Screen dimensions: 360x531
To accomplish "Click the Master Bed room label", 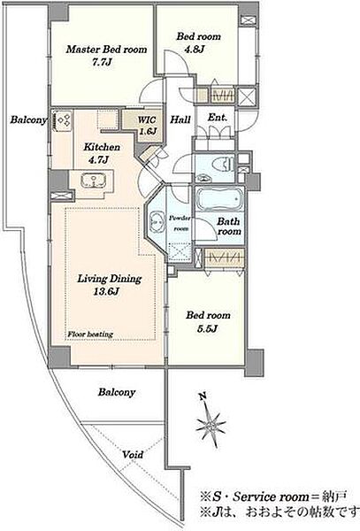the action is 106,50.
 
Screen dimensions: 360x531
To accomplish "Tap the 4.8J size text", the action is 195,50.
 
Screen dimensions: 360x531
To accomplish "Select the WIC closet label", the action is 147,119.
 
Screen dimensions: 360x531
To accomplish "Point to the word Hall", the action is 180,119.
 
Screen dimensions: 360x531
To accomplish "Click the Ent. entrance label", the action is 218,118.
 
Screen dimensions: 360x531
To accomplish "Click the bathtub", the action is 220,199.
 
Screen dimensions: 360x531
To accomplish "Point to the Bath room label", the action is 229,227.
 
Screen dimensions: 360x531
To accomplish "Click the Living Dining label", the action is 110,279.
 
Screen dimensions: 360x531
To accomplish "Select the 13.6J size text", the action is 106,291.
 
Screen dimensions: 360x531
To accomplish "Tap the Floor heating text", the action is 90,335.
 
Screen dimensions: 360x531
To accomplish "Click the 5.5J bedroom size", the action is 207,328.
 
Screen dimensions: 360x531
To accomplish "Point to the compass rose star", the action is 211,425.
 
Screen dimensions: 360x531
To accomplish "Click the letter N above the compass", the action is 203,396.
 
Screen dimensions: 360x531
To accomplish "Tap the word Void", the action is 133,455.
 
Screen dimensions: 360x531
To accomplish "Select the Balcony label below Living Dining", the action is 117,392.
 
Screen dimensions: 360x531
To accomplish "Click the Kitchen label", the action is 102,147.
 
